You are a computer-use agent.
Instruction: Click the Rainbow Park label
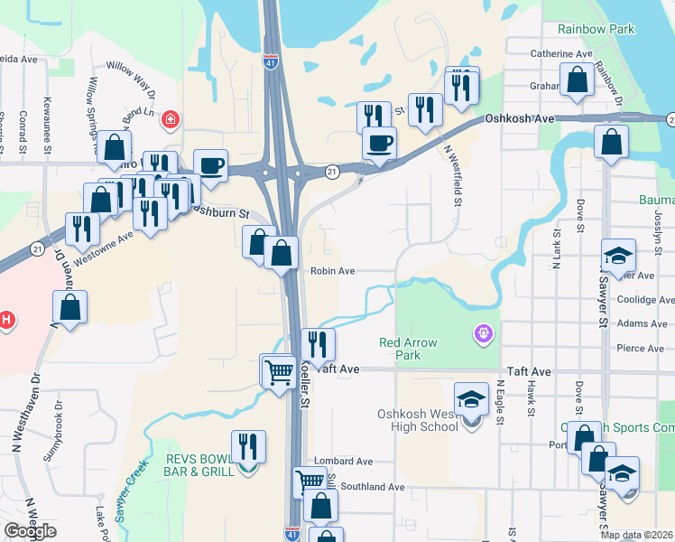(x=596, y=29)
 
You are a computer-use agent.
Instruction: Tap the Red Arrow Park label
(x=407, y=349)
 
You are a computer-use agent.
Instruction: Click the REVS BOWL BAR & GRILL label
(x=199, y=464)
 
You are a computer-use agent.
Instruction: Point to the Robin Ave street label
(x=333, y=270)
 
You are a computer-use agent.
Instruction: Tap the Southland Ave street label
(x=372, y=486)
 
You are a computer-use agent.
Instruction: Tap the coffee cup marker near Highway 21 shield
(x=379, y=143)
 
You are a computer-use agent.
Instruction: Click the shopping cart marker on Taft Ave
(x=278, y=369)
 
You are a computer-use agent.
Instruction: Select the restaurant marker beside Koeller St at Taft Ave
(x=317, y=343)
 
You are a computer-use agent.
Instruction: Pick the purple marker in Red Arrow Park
(x=484, y=335)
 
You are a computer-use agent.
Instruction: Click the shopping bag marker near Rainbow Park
(x=576, y=79)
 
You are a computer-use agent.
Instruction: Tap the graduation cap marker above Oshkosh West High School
(x=471, y=398)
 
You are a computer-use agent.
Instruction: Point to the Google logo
(x=30, y=531)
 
